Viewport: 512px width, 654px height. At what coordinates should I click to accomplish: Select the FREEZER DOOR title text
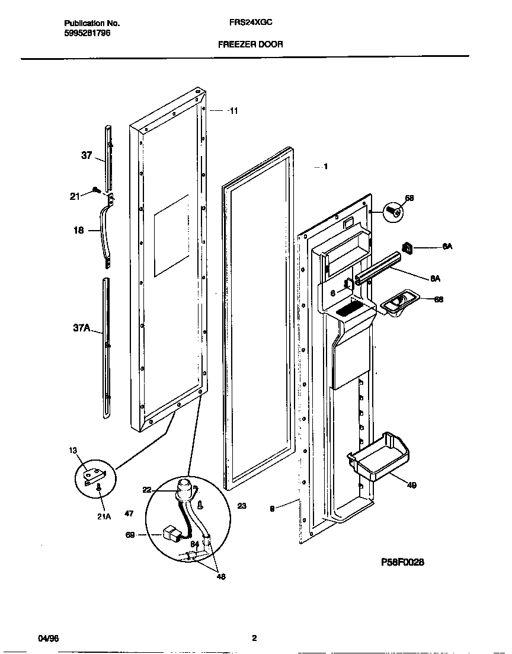tap(250, 44)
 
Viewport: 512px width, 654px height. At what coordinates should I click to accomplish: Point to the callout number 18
tap(79, 231)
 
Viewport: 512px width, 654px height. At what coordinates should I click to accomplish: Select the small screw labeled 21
tap(95, 190)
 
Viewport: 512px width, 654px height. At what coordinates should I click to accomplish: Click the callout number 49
tap(411, 485)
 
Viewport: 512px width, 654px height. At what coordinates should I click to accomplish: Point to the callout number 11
tap(233, 111)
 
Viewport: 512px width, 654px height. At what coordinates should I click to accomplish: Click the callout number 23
tap(242, 506)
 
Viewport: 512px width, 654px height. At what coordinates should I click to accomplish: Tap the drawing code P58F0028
tap(402, 562)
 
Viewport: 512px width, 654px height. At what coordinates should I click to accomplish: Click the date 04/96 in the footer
tap(47, 638)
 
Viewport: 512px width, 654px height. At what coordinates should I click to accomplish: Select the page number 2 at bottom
tap(254, 638)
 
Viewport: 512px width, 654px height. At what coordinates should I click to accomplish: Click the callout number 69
tap(130, 534)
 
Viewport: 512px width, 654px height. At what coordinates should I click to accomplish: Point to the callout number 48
tap(221, 576)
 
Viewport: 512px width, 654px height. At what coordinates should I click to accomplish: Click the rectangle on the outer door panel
tap(171, 235)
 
